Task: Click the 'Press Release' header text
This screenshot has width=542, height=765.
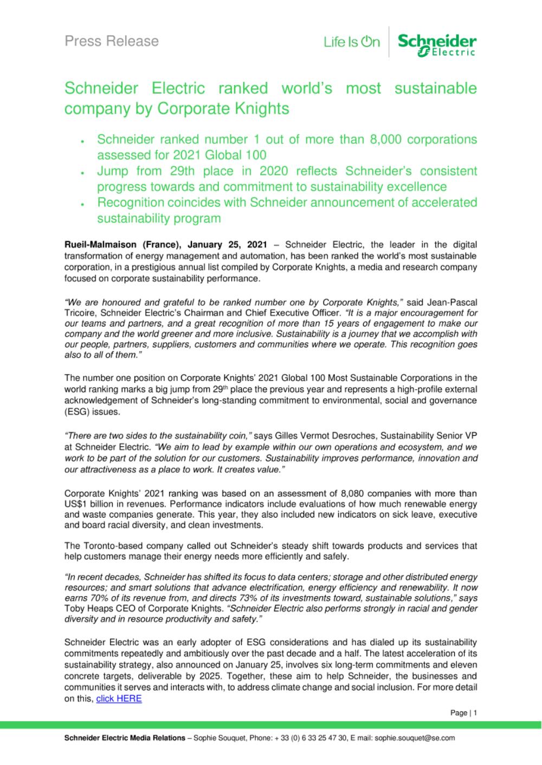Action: tap(112, 41)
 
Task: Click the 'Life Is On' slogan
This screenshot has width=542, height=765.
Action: tap(352, 42)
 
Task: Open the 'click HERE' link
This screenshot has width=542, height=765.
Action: tap(119, 698)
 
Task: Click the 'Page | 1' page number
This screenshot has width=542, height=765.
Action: tap(463, 713)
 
